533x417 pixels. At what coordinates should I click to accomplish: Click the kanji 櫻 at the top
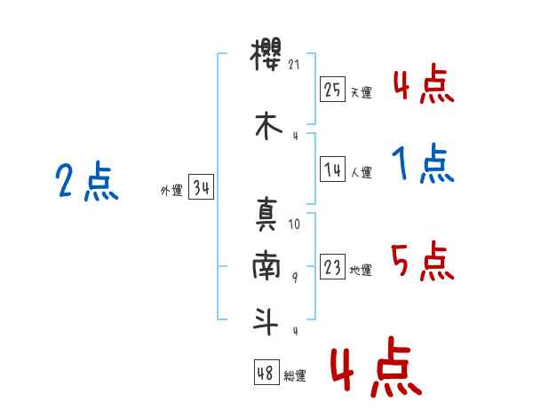point(266,54)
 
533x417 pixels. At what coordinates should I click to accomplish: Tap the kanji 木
point(268,126)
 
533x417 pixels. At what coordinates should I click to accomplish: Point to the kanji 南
point(266,265)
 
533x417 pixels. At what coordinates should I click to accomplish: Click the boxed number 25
point(332,90)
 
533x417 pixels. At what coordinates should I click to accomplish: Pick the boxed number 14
point(332,169)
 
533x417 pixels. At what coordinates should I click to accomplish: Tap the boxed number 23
point(332,266)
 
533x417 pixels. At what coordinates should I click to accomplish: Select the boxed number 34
point(201,187)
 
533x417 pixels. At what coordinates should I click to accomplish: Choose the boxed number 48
point(266,372)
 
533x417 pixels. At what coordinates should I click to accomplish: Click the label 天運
point(361,92)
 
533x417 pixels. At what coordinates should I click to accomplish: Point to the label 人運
point(361,172)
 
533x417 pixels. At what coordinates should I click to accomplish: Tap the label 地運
point(361,270)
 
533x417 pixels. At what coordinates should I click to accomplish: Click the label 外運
point(171,190)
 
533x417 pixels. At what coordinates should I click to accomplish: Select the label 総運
point(295,375)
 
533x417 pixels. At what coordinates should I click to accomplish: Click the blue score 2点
point(87,181)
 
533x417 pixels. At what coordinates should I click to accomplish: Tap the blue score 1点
point(423,163)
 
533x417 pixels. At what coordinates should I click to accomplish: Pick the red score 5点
point(423,261)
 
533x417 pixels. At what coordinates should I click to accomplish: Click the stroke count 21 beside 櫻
point(294,65)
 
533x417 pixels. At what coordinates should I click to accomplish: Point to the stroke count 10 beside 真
point(294,224)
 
